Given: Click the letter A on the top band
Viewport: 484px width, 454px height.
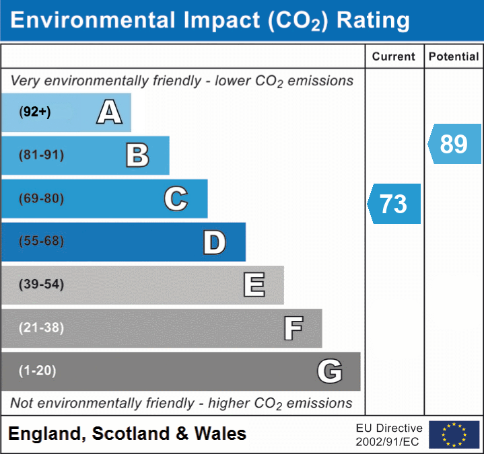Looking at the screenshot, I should tap(109, 112).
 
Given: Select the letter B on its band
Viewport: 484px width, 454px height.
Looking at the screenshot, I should tap(137, 155).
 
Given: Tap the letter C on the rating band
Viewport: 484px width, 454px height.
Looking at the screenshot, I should tap(176, 198).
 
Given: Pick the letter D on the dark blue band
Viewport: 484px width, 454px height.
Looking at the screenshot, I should tap(214, 242).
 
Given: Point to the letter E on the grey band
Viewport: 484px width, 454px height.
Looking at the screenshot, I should tap(254, 285).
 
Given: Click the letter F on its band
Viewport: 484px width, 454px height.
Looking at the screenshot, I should tap(293, 328).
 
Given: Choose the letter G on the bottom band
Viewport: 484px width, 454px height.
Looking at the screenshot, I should tap(330, 371).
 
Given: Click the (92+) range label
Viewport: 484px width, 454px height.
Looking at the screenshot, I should tap(35, 112).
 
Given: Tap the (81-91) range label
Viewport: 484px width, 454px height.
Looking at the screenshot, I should tap(42, 155).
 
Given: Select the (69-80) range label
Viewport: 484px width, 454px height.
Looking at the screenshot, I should tap(42, 198).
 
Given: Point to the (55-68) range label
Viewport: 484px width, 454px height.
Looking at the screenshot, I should tap(42, 241).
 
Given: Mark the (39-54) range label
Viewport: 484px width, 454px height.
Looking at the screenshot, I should tap(42, 285).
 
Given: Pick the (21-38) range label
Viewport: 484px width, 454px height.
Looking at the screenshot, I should tap(42, 328).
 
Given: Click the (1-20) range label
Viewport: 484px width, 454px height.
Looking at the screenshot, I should tap(38, 371).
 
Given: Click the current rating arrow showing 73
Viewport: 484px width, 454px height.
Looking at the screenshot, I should tap(394, 204).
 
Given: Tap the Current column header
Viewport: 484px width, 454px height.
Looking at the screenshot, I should tap(394, 57).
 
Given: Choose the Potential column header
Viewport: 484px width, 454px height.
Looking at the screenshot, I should tap(454, 57).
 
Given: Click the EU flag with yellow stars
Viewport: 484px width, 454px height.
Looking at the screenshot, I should tap(454, 434).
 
